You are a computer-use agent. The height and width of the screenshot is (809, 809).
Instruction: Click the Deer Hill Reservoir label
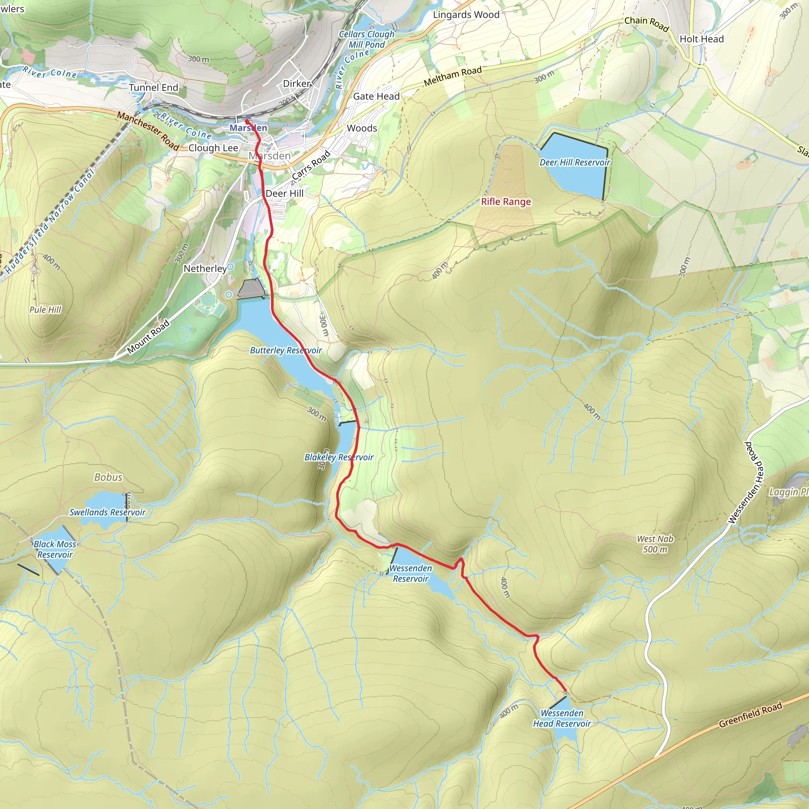point(574,162)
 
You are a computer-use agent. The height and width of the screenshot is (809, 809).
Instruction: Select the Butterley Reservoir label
point(286,350)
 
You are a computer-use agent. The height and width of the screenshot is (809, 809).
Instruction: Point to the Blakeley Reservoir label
point(339,457)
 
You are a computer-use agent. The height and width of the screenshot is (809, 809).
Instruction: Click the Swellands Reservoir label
point(107,512)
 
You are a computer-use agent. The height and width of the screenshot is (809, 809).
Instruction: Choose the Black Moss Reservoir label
point(55,549)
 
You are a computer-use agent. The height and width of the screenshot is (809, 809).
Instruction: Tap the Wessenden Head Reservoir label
point(562,718)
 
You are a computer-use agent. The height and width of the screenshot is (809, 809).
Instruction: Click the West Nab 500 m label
point(655,544)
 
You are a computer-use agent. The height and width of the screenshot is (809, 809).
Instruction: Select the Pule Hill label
point(45,310)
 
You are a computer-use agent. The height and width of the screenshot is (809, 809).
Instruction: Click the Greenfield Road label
point(750,716)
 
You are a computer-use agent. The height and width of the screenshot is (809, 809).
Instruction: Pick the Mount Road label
point(148,336)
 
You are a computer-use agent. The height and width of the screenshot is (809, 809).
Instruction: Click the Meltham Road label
point(453,77)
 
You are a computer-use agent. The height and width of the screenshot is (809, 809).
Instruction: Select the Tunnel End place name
point(153,88)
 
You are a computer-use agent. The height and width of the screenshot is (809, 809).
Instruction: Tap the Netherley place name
point(205,268)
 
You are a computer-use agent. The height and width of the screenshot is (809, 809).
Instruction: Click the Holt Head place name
point(702,39)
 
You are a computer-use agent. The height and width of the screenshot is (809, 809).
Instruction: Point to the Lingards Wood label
point(466,15)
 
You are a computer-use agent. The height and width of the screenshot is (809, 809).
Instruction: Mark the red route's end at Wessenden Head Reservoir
point(566,691)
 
